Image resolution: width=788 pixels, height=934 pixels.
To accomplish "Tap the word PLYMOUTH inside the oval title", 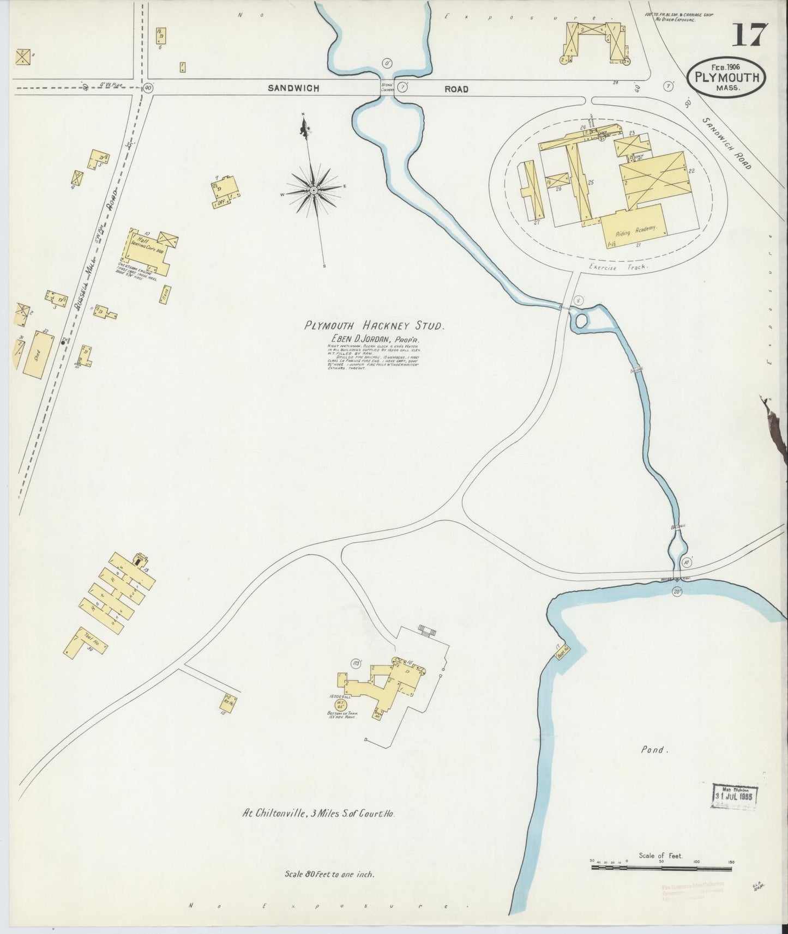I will (x=727, y=77).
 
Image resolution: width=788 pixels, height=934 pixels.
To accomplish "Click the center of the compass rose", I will (x=314, y=190).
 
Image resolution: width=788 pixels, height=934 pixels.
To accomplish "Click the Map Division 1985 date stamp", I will (x=736, y=796).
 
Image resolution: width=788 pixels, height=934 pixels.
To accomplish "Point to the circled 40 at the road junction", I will (x=148, y=87).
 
